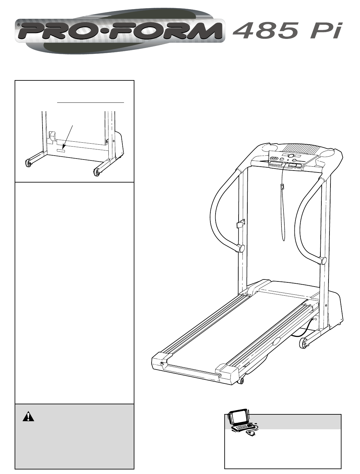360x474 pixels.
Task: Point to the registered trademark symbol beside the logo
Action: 19,25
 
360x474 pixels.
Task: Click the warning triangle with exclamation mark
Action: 28,417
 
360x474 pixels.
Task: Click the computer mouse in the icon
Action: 251,433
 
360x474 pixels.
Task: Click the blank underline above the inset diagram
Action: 91,102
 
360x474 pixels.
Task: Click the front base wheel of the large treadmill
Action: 304,343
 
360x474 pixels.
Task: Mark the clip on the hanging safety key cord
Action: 282,186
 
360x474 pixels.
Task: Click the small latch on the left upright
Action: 241,223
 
